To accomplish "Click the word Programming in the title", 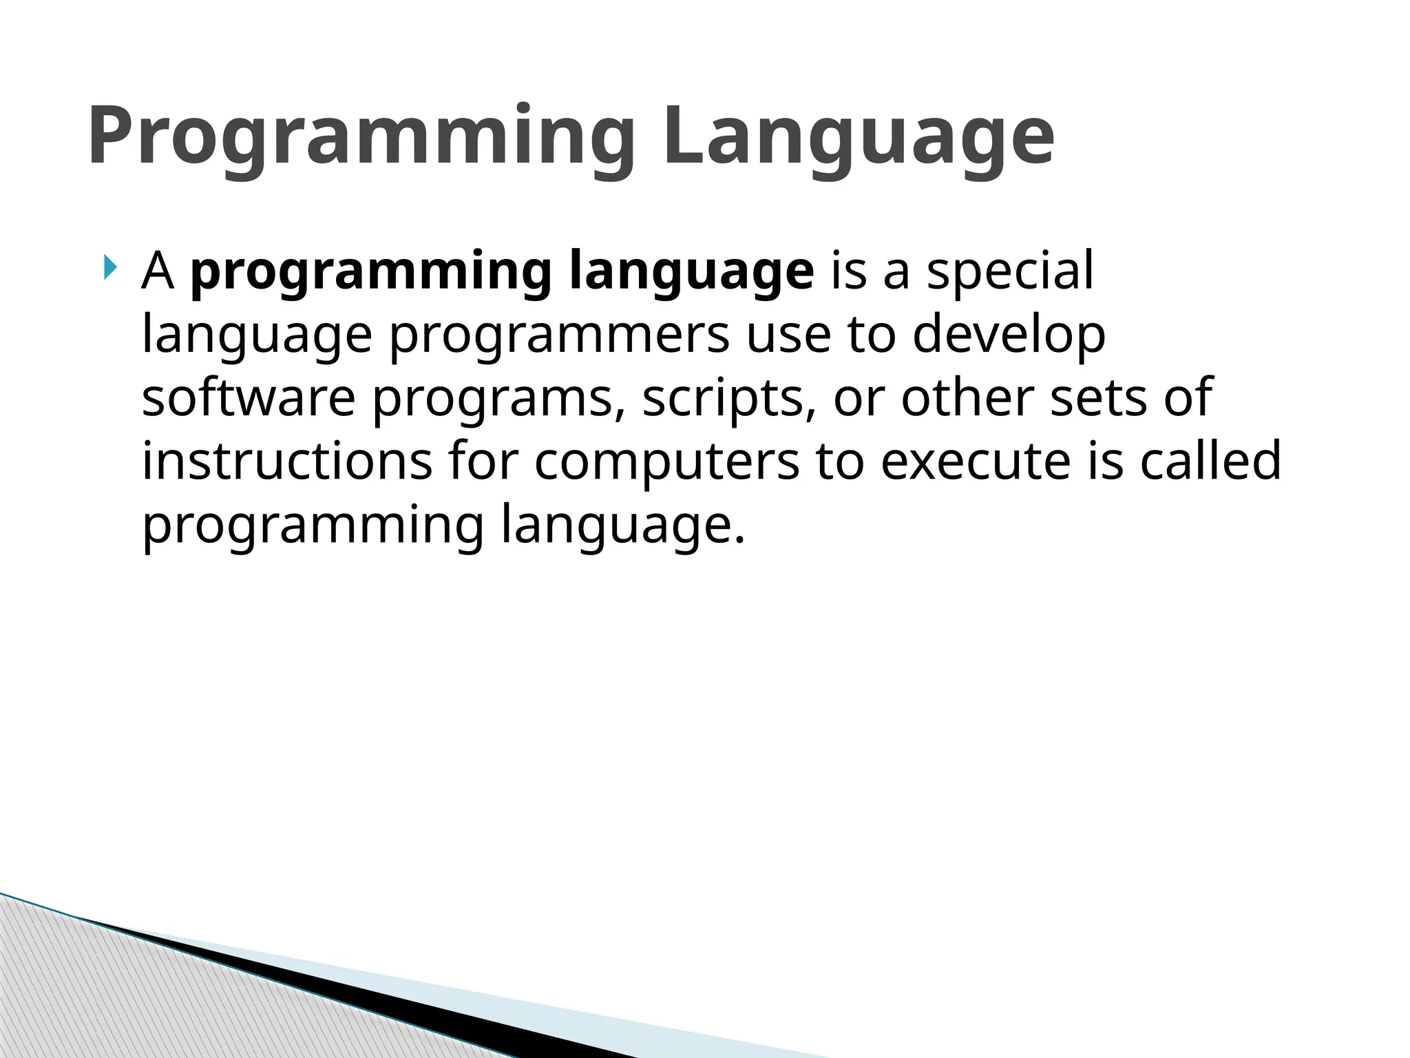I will click(x=361, y=136).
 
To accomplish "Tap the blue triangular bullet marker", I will click(x=110, y=267).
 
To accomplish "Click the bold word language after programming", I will click(x=692, y=273).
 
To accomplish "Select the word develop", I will click(x=1009, y=335).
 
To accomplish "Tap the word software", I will click(x=249, y=397).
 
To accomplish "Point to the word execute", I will click(x=976, y=461).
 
